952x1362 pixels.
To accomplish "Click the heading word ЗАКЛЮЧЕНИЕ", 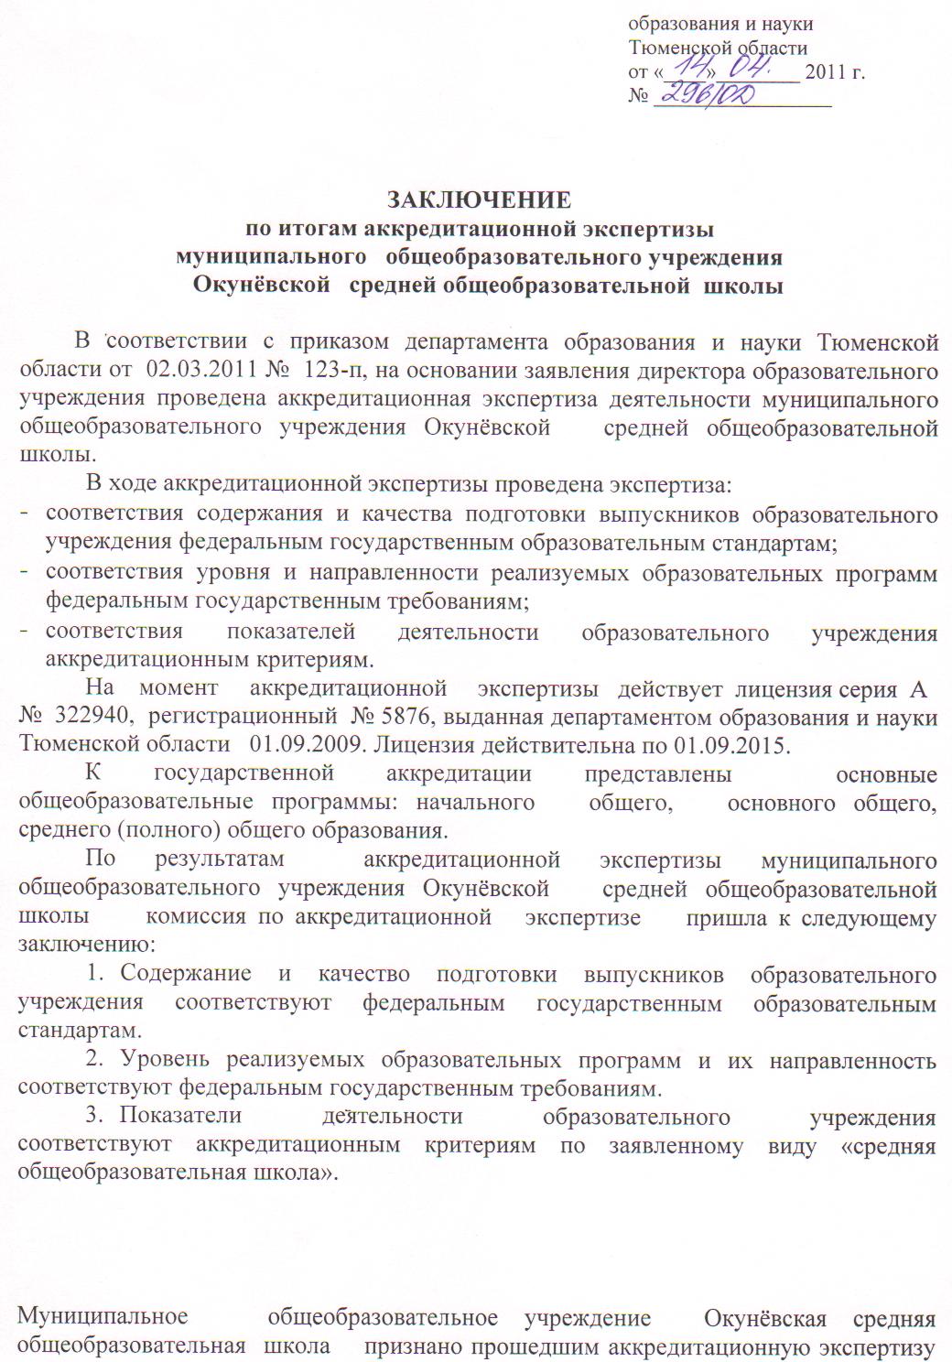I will click(x=479, y=200).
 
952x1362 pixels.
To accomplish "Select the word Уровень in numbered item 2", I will click(x=166, y=1061).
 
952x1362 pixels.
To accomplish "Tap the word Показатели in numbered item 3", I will click(x=180, y=1117).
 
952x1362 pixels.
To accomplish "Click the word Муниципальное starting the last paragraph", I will click(x=103, y=1318).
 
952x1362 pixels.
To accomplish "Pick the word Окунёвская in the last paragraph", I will click(x=765, y=1318).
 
